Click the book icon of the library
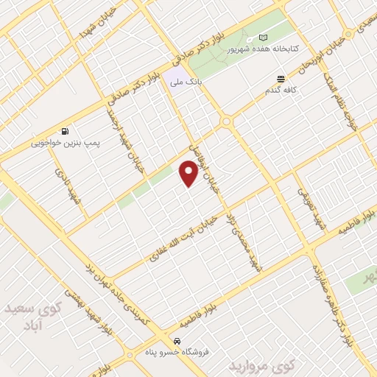coord(264,39)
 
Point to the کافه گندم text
coord(281,91)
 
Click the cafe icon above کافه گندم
coord(281,79)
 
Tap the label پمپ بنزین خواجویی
coord(67,144)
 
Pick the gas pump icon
coord(67,132)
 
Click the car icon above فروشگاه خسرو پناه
coord(177,342)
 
